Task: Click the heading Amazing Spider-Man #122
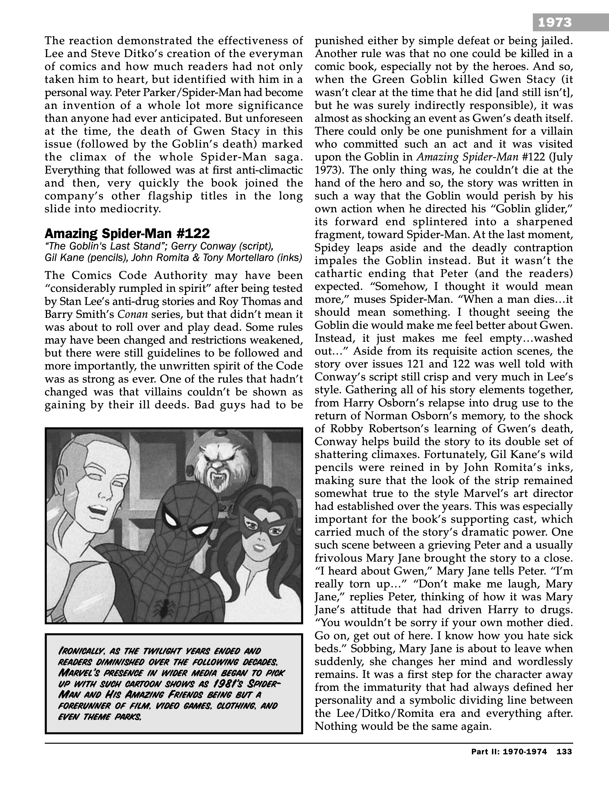pyautogui.click(x=127, y=234)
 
